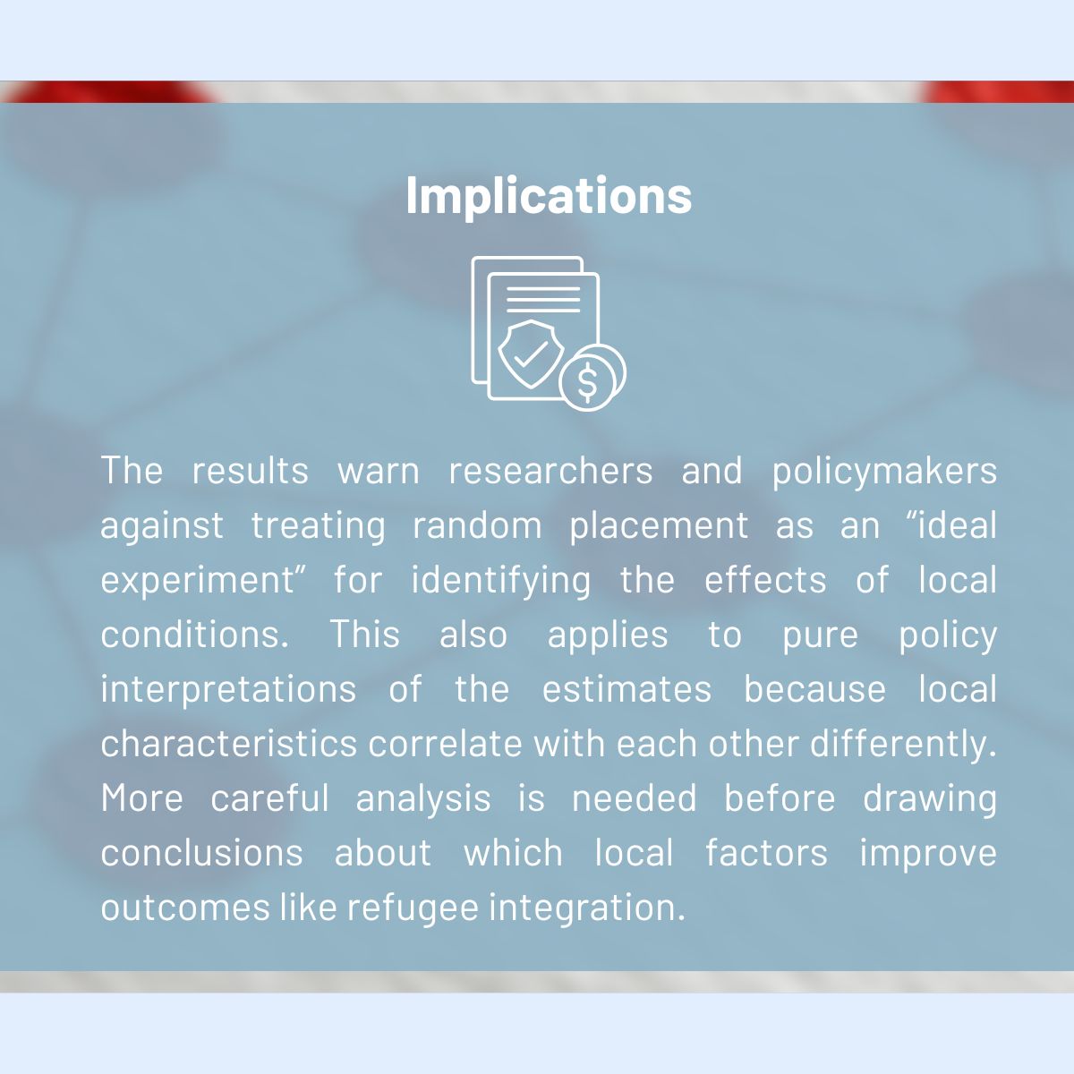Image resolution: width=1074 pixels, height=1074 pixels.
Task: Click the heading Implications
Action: click(549, 196)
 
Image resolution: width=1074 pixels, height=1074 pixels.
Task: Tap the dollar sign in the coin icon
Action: click(587, 382)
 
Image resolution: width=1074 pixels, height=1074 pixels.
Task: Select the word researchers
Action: click(550, 471)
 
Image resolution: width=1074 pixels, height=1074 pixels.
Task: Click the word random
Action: click(477, 525)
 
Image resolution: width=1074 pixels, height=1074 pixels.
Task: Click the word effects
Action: click(765, 580)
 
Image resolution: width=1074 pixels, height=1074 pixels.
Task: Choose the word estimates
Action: click(627, 689)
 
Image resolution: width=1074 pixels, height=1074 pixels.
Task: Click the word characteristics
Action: click(229, 744)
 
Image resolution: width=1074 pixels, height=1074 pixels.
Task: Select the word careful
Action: click(270, 798)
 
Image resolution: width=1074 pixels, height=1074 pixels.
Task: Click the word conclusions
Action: click(201, 853)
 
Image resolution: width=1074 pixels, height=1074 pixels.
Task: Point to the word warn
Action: click(379, 472)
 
